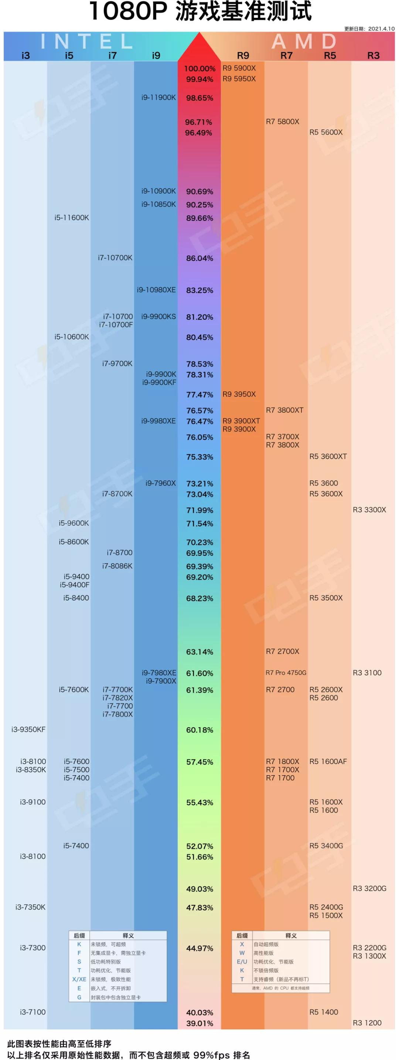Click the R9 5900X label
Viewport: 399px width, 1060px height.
tap(239, 68)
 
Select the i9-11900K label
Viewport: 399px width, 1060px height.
tap(158, 98)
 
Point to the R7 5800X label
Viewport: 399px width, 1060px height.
tap(283, 122)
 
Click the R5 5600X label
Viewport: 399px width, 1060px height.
tap(326, 132)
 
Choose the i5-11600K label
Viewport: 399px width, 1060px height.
tap(72, 217)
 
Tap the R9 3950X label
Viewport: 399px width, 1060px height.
tap(239, 394)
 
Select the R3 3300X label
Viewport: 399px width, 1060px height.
tap(369, 509)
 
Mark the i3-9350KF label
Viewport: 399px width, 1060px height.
tap(28, 729)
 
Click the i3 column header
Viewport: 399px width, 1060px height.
tap(25, 55)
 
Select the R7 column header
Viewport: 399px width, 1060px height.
tap(286, 55)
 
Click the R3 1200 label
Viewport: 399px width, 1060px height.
tap(367, 1023)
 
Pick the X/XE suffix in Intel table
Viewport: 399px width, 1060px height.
tap(79, 979)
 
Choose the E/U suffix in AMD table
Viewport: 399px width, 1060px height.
tap(242, 962)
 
